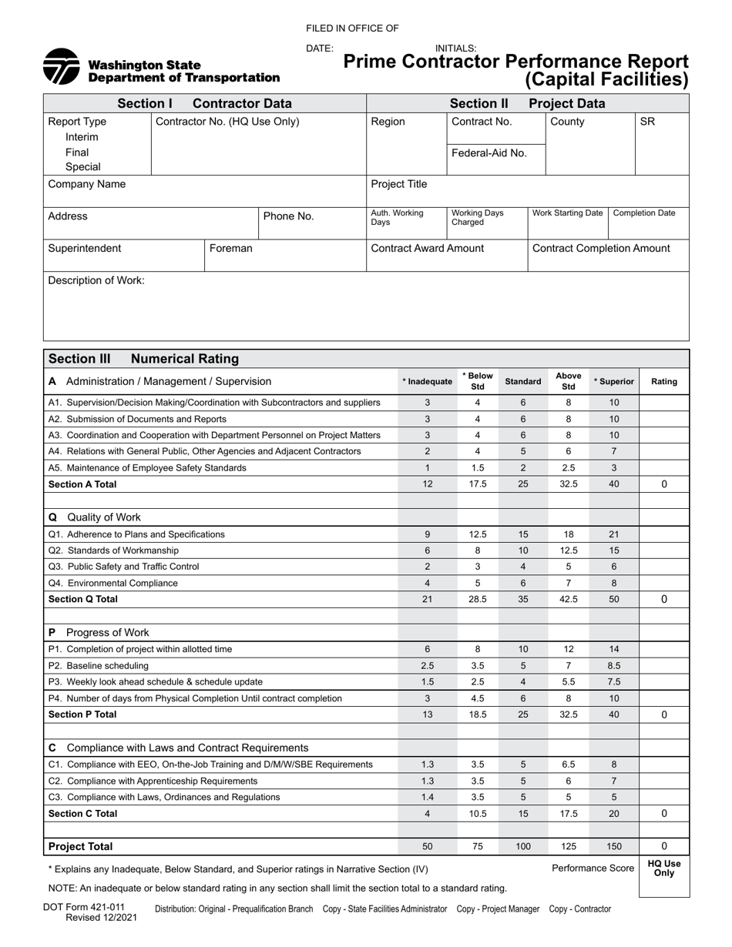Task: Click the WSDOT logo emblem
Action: pyautogui.click(x=62, y=66)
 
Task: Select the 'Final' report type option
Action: pyautogui.click(x=77, y=152)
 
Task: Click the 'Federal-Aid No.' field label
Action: pyautogui.click(x=489, y=153)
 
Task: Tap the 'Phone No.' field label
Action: pyautogui.click(x=289, y=217)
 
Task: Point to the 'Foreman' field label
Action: pyautogui.click(x=230, y=249)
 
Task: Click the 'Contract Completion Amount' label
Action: pyautogui.click(x=601, y=249)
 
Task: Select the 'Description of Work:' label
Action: pyautogui.click(x=96, y=281)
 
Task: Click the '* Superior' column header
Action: pyautogui.click(x=614, y=382)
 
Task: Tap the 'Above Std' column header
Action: pyautogui.click(x=569, y=382)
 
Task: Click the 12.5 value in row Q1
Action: pyautogui.click(x=478, y=534)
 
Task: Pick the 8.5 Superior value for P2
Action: pyautogui.click(x=614, y=666)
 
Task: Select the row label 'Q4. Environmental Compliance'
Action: pyautogui.click(x=113, y=584)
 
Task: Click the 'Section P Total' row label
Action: pyautogui.click(x=82, y=714)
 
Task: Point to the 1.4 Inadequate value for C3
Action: pyautogui.click(x=428, y=798)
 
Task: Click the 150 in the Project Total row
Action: pyautogui.click(x=614, y=847)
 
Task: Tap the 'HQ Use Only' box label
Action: pyautogui.click(x=663, y=868)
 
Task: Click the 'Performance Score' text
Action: pyautogui.click(x=593, y=868)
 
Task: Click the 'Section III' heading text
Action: pyautogui.click(x=79, y=359)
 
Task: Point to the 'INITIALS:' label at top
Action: pyautogui.click(x=456, y=49)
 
